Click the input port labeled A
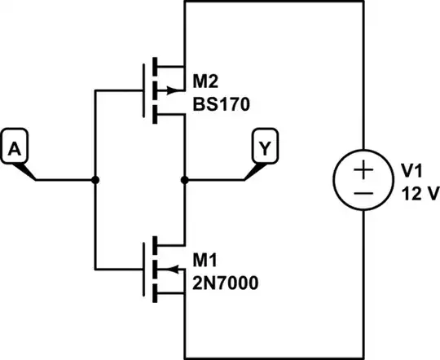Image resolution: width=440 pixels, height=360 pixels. click(15, 148)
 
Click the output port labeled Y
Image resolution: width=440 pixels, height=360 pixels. click(265, 148)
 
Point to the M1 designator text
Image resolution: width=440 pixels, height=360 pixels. click(206, 259)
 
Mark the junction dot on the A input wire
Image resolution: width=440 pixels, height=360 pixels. click(95, 180)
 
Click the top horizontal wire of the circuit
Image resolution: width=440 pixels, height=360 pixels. click(274, 3)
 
